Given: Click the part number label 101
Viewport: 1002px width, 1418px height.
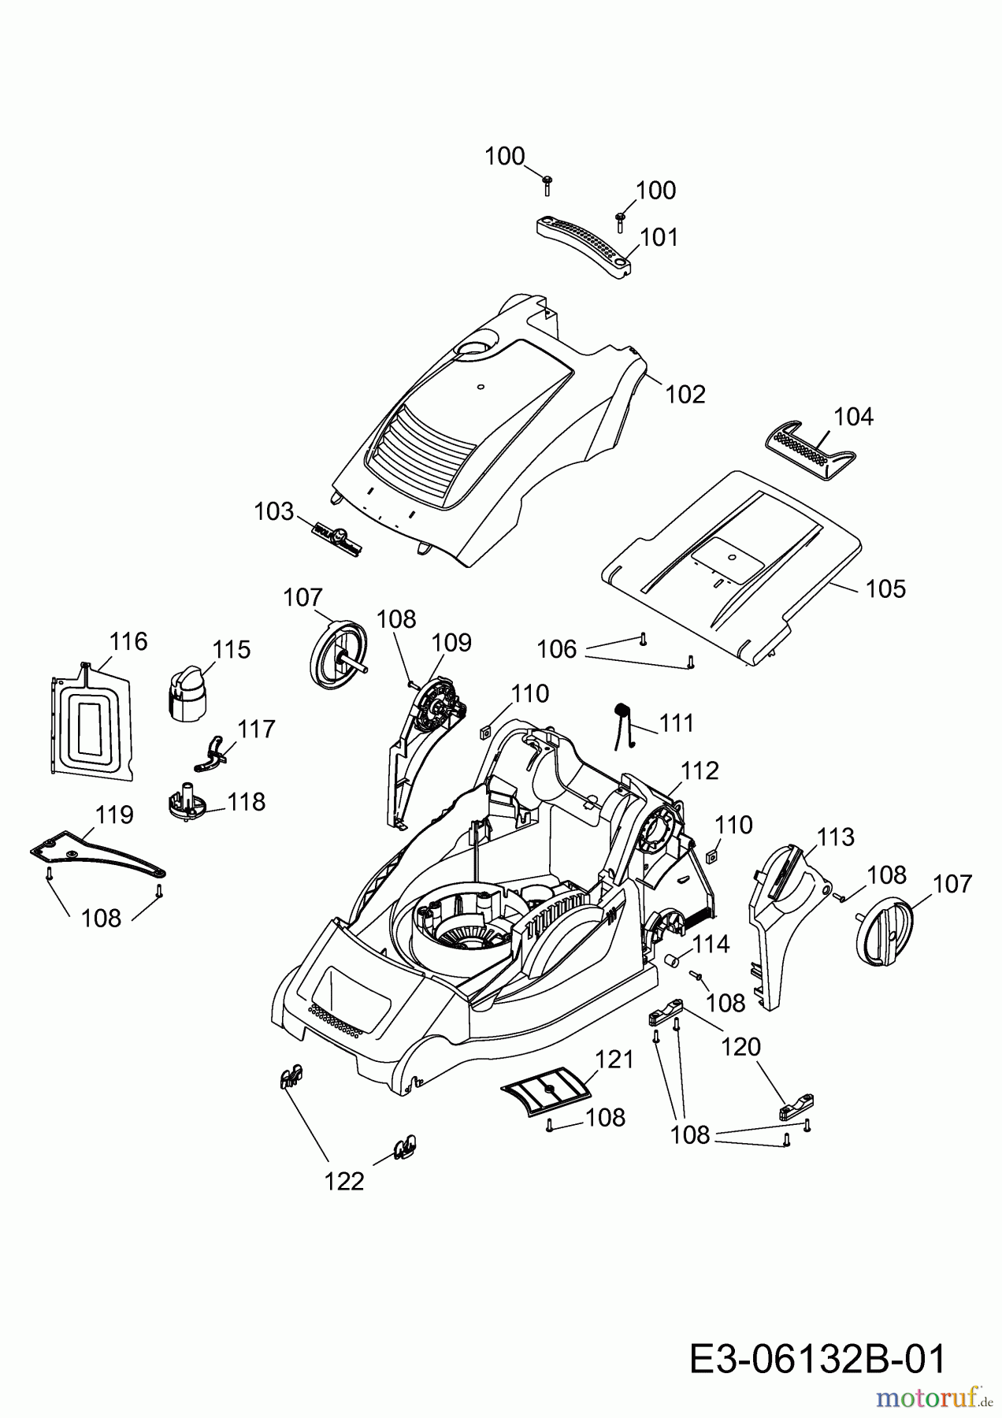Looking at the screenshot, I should (x=659, y=237).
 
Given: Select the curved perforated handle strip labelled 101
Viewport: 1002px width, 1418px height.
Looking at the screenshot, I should (x=583, y=245).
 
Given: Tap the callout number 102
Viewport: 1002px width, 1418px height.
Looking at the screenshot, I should (x=685, y=394).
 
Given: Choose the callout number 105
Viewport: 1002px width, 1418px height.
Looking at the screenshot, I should (x=885, y=588).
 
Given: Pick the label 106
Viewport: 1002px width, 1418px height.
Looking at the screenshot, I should (x=557, y=649).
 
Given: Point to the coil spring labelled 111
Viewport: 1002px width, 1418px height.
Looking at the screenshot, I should (x=625, y=722).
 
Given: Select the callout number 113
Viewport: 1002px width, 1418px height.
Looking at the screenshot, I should (x=835, y=837).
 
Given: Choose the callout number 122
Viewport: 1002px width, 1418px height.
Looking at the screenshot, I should (x=345, y=1181).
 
